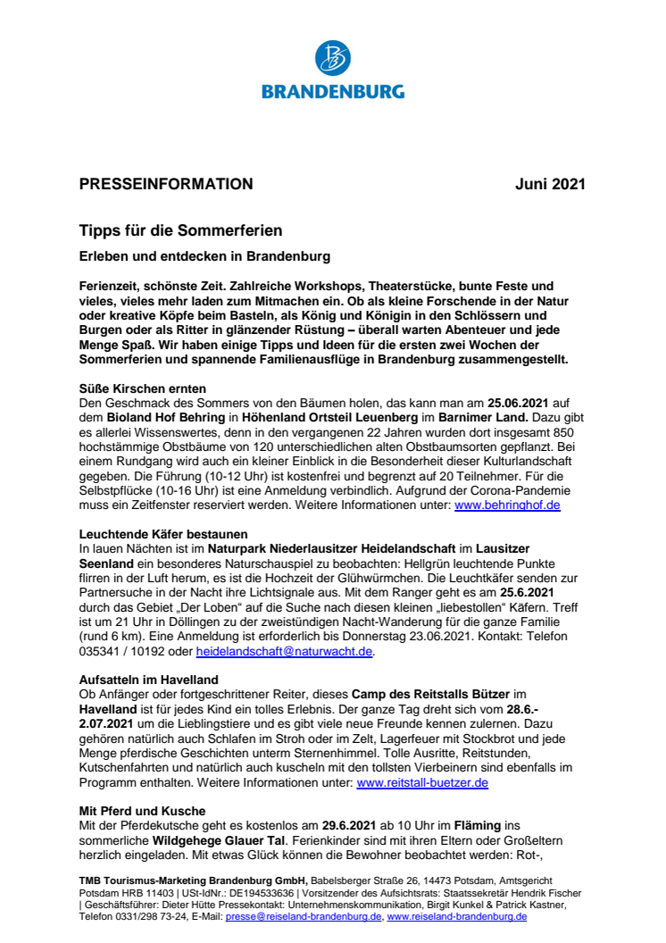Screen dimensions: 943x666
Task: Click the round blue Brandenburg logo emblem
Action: click(x=333, y=58)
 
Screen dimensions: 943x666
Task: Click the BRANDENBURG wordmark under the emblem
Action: click(x=333, y=90)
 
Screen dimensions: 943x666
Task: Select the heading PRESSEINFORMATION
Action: click(x=166, y=185)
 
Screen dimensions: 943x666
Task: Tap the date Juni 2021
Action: click(x=550, y=185)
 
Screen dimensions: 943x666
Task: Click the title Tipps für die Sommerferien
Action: click(x=180, y=231)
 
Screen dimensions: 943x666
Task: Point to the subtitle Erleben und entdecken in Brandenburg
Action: click(x=204, y=256)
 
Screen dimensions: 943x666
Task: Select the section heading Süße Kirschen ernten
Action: click(x=143, y=388)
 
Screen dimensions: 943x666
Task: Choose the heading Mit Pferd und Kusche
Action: click(x=141, y=812)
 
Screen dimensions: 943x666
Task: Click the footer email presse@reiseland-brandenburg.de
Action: click(x=304, y=916)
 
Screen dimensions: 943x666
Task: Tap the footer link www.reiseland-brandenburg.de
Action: click(x=456, y=916)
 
